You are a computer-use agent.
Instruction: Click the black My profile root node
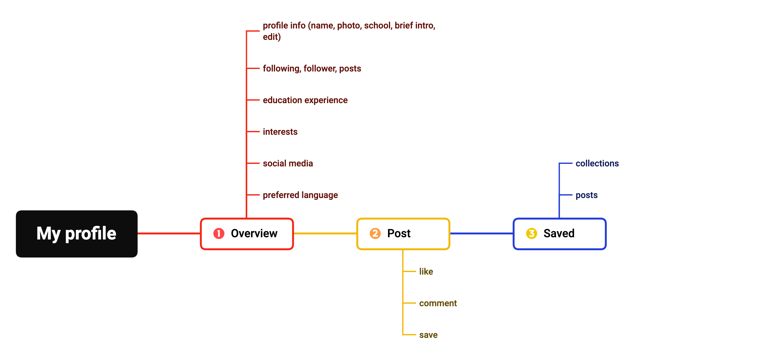point(77,234)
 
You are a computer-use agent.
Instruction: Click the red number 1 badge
point(219,233)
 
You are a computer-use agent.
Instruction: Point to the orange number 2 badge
point(375,233)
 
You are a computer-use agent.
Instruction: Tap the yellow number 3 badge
point(532,233)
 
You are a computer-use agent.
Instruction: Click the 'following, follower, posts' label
point(312,69)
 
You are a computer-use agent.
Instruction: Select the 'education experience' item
point(305,100)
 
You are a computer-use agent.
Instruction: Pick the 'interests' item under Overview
point(280,132)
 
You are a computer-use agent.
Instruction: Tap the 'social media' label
point(288,164)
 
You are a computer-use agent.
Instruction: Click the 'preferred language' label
point(300,195)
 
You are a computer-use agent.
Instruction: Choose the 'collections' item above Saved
point(597,164)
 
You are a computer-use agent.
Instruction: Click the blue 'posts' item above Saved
point(587,195)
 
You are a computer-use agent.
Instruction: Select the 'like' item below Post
point(426,271)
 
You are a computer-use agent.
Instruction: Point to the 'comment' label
point(438,303)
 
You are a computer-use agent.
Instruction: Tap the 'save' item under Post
point(428,335)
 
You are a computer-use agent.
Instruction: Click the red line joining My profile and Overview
point(169,233)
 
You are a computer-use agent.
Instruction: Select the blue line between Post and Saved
point(482,233)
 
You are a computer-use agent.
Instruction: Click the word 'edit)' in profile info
point(272,37)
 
